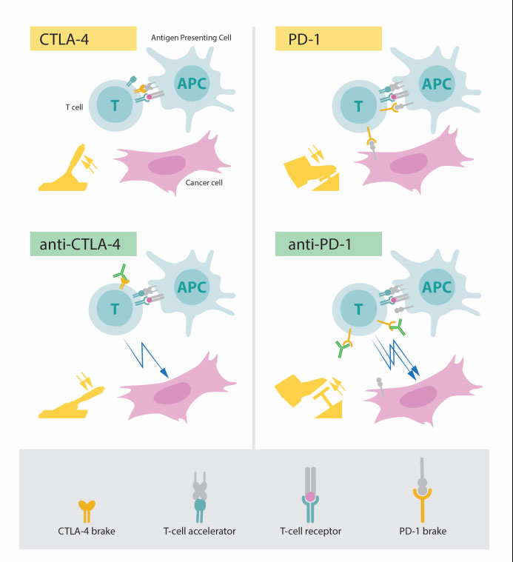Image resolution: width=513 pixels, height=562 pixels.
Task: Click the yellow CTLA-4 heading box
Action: click(83, 39)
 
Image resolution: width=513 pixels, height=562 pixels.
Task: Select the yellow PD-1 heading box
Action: click(328, 39)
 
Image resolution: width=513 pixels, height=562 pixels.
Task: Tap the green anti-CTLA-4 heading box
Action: click(83, 244)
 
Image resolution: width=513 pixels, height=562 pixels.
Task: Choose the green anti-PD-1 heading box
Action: click(328, 244)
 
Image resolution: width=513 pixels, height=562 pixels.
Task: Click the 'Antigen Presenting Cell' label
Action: click(191, 38)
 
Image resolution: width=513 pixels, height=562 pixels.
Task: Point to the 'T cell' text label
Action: click(74, 107)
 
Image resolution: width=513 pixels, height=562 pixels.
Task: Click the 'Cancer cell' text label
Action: click(204, 182)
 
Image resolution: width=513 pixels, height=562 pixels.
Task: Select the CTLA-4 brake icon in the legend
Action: click(87, 512)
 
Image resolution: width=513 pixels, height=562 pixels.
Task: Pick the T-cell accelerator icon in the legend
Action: click(200, 497)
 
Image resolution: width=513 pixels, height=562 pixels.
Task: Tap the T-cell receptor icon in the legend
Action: click(310, 495)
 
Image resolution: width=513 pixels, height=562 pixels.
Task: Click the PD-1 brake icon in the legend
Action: click(423, 490)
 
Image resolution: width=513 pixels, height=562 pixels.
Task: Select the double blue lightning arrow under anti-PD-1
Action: click(395, 358)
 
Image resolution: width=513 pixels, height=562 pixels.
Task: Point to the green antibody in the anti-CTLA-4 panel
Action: click(121, 271)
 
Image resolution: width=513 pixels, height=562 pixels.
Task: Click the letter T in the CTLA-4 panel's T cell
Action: click(115, 106)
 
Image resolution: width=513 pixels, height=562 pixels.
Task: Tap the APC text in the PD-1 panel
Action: click(436, 84)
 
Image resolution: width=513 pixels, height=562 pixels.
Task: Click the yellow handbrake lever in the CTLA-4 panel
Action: click(64, 170)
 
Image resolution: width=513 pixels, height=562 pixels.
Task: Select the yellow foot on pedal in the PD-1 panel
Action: click(311, 173)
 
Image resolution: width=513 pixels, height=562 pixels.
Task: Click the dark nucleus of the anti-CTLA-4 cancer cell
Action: click(172, 393)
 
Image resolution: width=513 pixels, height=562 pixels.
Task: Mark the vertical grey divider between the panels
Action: click(254, 237)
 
